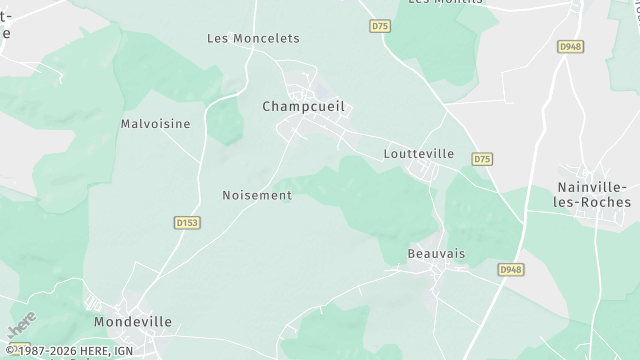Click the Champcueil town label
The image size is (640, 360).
point(310,106)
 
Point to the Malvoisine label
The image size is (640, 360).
point(155,124)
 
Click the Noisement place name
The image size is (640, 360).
point(257,195)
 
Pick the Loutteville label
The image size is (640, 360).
point(419,154)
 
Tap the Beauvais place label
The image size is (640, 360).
point(436,254)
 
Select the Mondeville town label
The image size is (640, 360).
point(133,322)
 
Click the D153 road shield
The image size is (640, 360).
point(185,222)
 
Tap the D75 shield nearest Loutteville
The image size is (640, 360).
point(483,159)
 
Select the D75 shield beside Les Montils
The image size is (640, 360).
point(379,26)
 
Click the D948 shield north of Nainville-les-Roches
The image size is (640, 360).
point(570,46)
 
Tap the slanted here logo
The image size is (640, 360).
point(21,324)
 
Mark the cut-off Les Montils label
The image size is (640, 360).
point(442,3)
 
